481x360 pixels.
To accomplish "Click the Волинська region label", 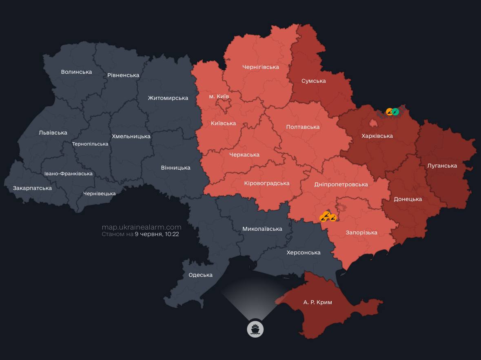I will (x=76, y=72).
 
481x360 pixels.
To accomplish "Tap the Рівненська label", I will (x=123, y=75).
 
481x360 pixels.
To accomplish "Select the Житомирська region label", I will (x=168, y=98).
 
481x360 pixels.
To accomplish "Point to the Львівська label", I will (x=53, y=133).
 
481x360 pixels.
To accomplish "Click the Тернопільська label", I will (x=90, y=144).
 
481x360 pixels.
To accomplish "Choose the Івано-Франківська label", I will (x=69, y=174).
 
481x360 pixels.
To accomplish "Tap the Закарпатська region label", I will (x=32, y=188).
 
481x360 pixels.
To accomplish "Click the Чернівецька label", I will (x=99, y=194).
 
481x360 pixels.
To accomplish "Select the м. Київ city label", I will (x=219, y=96).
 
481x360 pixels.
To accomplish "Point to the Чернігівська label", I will (x=260, y=67).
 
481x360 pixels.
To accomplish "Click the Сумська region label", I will (x=313, y=81).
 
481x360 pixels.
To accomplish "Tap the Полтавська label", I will (x=303, y=127).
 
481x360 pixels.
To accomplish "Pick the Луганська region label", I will (x=442, y=166).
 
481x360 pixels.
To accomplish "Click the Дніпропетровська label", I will (x=341, y=184).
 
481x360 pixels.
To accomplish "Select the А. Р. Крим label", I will (x=317, y=302).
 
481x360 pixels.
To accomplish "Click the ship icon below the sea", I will (x=255, y=329).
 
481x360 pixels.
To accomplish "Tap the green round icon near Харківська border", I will (x=395, y=111).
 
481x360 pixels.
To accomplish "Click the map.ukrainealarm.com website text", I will (x=141, y=227).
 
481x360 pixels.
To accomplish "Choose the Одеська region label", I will (x=200, y=275).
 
